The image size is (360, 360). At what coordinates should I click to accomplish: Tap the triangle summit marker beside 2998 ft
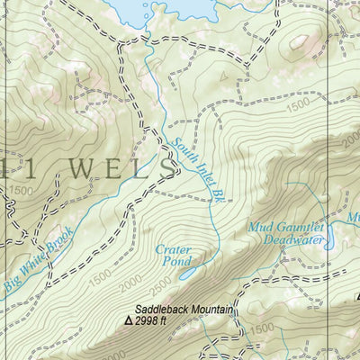(129, 320)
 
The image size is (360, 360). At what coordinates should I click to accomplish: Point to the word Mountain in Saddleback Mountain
(209, 310)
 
